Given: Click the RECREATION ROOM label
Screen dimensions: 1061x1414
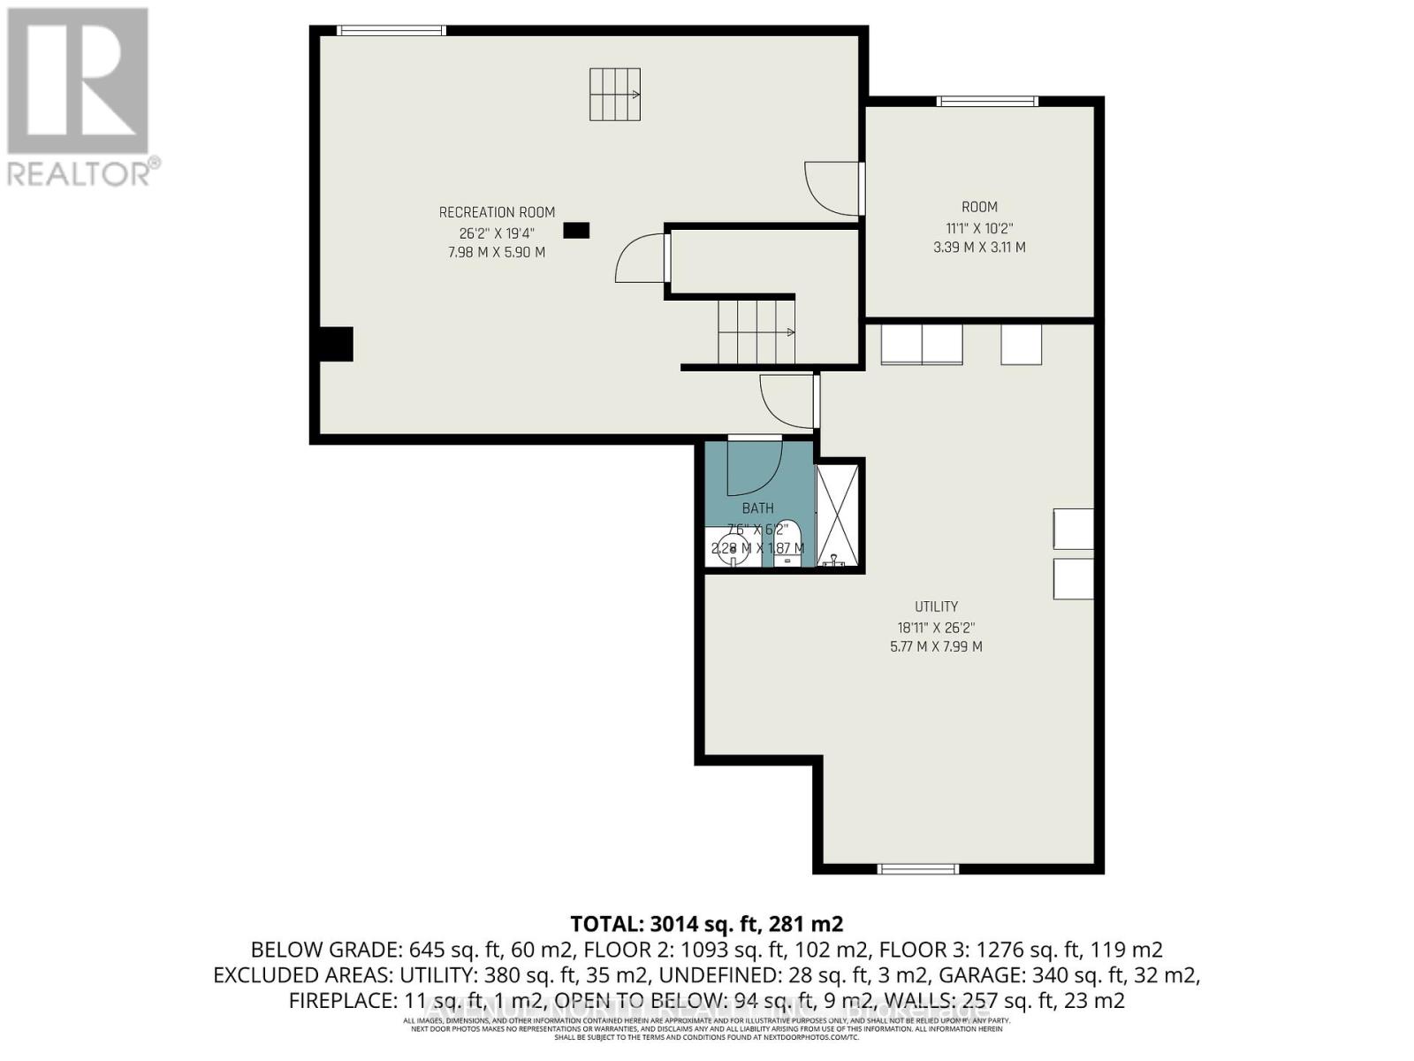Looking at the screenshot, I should tap(497, 212).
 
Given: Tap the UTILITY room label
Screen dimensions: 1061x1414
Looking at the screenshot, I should tap(936, 607).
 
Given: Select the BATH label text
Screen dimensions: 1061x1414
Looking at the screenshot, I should tap(757, 508).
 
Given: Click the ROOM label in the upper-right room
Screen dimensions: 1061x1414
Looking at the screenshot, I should tap(979, 207).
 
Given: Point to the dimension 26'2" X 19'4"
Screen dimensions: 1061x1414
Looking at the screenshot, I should tap(497, 233).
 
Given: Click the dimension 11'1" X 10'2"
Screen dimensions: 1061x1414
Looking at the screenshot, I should tap(979, 227).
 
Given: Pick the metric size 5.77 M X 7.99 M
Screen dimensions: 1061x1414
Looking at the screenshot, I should tap(936, 646).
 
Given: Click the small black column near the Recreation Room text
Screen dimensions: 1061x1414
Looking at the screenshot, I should tap(576, 231).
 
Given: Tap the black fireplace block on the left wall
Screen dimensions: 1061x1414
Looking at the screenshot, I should tap(336, 344).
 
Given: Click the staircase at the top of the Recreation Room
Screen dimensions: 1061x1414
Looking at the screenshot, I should tap(615, 94).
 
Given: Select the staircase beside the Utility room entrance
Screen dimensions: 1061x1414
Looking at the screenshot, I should tap(756, 332).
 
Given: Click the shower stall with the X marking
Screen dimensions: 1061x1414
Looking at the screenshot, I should tap(838, 515).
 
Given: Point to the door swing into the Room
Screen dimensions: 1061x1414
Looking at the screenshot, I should tap(831, 188).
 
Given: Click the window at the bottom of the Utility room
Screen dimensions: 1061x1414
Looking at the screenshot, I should tap(917, 869).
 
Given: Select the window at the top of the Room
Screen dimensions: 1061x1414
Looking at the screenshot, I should tap(987, 101).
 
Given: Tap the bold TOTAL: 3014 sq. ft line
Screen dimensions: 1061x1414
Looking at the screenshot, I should tap(706, 924).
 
